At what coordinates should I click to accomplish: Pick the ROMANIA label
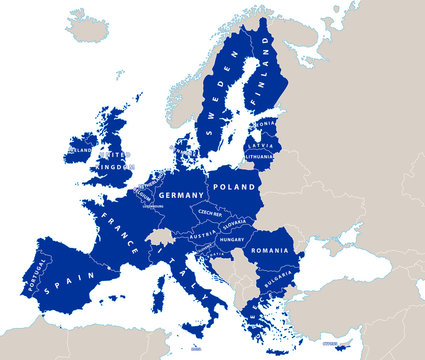point(270,250)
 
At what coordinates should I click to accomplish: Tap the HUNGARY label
point(232,240)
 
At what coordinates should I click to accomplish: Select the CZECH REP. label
point(210,213)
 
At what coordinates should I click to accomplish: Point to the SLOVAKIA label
point(234,224)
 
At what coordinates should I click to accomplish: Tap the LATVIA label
point(257,146)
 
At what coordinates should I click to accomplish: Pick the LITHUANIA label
point(259,157)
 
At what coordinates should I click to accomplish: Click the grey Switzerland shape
point(160,237)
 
